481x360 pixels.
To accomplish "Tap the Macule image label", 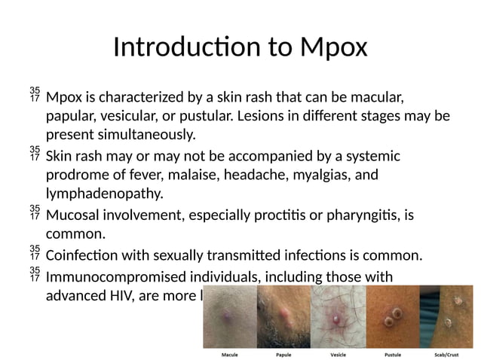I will [231, 352].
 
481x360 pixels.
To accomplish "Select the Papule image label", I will [283, 352].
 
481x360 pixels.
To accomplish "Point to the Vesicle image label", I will [339, 352].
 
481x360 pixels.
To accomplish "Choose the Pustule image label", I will [393, 352].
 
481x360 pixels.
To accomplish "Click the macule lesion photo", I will [230, 316].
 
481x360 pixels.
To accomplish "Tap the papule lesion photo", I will [283, 316].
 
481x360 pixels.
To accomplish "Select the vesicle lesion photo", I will [338, 316].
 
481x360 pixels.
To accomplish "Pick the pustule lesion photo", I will [392, 316].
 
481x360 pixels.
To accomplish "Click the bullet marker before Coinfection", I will [34, 252].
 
